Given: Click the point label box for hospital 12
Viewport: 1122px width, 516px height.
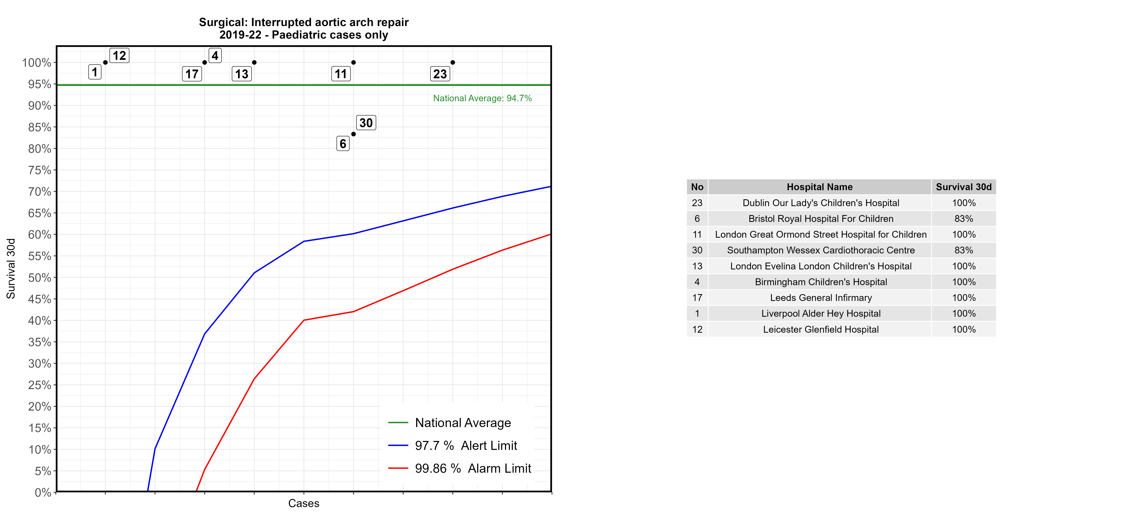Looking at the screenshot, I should tap(119, 56).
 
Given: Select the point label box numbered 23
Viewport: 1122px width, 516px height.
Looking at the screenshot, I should tap(440, 74).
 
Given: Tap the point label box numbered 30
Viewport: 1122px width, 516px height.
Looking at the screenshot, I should tap(366, 123).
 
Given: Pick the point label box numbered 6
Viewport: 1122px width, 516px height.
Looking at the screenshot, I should tap(343, 144).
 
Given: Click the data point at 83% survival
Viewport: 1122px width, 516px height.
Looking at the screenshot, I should tap(353, 134).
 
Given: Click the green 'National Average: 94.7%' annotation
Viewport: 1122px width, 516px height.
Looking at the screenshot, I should tap(482, 98).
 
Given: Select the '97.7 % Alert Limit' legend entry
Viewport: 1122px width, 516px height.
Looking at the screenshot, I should tap(466, 446).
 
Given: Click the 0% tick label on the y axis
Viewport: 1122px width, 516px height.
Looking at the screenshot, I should tap(43, 492).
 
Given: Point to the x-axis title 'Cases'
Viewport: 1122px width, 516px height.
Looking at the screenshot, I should tap(304, 503).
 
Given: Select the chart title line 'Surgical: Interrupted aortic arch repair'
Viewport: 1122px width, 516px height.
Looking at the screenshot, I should tap(304, 22).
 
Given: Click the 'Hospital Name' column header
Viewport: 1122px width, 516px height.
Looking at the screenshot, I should tap(819, 187).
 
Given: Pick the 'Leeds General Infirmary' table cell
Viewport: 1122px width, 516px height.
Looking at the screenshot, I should tap(821, 298).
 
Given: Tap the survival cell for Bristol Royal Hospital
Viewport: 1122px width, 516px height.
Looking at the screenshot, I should tap(964, 219).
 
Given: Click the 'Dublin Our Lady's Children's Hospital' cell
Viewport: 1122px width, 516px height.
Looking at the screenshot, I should tap(821, 203).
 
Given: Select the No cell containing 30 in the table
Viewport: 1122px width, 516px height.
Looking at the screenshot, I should tap(697, 250).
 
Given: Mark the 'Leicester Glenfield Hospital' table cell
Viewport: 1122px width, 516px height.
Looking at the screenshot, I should tap(821, 330).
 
